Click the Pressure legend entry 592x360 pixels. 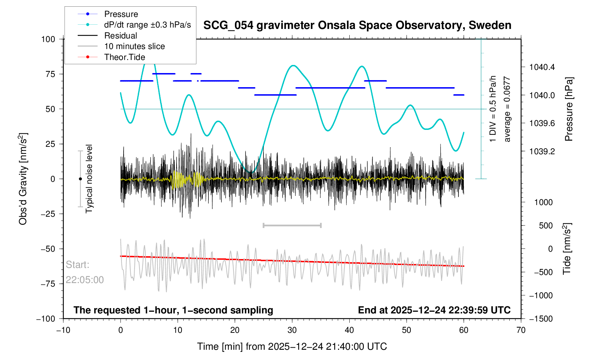121,14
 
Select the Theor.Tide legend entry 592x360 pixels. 124,57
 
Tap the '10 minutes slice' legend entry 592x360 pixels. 134,46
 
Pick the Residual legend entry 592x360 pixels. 120,36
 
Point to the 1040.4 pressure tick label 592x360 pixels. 542,67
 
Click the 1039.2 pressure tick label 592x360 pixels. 542,151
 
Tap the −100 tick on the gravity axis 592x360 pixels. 46,319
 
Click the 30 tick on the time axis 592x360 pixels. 292,330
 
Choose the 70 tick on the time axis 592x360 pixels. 521,330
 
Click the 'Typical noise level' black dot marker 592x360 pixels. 80,179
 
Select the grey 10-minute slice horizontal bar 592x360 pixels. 292,225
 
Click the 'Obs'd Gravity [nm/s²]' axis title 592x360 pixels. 23,179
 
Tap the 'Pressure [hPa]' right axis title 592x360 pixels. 568,109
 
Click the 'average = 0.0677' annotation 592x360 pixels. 507,109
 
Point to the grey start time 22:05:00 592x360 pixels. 85,280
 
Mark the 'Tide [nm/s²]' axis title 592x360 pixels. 567,249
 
